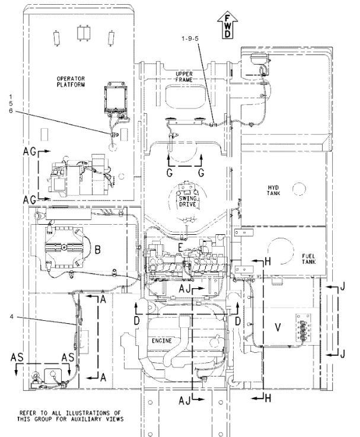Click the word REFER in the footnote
pyautogui.click(x=34, y=413)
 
